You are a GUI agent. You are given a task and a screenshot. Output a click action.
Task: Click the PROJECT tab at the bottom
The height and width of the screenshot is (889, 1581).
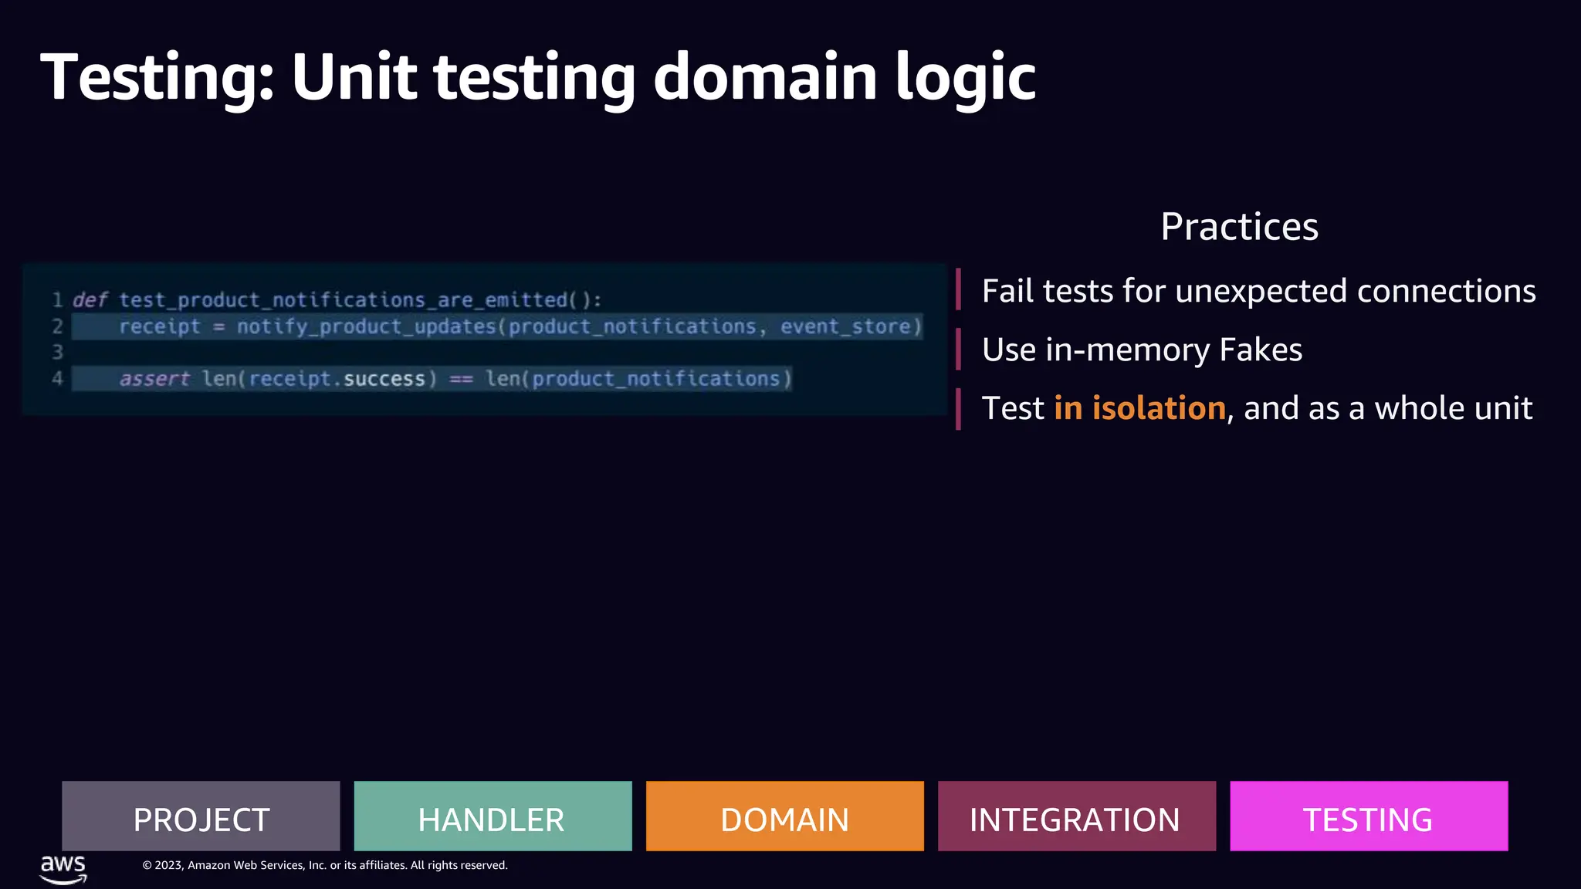click(201, 816)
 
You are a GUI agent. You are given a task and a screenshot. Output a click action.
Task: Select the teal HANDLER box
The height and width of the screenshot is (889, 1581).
click(493, 816)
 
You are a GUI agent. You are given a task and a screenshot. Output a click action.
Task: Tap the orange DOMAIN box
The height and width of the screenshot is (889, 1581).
click(784, 816)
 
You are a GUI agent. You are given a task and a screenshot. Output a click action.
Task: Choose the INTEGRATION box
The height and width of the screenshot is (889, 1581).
click(1076, 816)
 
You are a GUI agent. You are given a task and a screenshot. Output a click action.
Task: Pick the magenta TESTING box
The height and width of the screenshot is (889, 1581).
click(1368, 816)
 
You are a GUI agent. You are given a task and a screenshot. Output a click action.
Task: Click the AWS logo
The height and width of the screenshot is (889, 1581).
click(63, 869)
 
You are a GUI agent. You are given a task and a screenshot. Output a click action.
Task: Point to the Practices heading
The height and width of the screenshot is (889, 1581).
click(1239, 227)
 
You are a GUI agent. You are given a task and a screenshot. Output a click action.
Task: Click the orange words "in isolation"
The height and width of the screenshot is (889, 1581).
click(1139, 408)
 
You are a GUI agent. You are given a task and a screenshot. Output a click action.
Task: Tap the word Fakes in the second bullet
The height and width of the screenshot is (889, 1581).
click(1261, 350)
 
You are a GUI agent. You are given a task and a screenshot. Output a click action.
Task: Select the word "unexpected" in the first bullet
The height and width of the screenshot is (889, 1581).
click(1261, 292)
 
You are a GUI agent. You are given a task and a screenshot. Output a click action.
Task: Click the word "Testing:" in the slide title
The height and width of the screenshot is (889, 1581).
click(157, 77)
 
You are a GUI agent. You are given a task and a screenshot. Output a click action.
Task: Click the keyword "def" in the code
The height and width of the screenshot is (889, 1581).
click(90, 300)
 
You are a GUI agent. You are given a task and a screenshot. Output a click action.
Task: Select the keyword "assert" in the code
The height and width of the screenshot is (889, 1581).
click(154, 379)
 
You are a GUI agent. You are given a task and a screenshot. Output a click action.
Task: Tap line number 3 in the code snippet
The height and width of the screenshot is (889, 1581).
click(57, 353)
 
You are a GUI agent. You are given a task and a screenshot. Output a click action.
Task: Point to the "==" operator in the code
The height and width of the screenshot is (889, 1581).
click(461, 379)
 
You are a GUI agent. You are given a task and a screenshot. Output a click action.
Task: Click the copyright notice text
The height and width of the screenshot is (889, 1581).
click(325, 865)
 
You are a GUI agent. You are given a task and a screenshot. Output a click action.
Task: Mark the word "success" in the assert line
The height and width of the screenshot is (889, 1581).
click(384, 379)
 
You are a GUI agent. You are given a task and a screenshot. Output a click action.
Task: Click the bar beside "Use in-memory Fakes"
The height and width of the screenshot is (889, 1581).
click(959, 350)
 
